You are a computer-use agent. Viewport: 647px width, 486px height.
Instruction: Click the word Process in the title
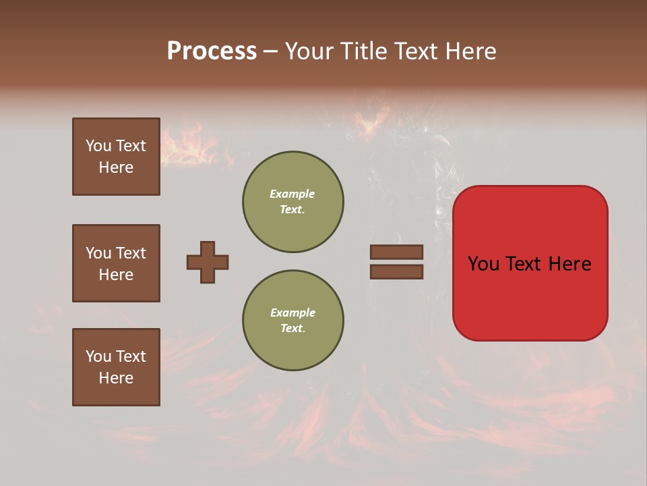212,51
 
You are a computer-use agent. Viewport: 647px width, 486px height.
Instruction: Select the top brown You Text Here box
116,157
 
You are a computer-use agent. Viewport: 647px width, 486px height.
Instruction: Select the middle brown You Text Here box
116,263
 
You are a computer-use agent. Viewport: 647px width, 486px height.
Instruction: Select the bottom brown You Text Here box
116,367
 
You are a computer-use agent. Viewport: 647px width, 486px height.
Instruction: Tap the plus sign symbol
208,262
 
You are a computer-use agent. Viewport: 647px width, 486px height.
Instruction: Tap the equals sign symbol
396,262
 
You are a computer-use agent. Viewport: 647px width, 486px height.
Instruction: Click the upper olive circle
292,202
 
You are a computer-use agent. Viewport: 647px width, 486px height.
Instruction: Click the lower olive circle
292,321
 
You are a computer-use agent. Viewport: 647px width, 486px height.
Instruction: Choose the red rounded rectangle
530,263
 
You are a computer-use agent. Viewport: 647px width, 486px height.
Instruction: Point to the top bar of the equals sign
396,252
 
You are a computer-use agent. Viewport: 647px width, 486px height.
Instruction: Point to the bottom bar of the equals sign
396,271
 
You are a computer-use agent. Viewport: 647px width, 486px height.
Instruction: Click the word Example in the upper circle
292,194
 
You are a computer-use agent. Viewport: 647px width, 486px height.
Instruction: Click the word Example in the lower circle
292,313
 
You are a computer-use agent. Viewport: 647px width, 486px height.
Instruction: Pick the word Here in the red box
570,264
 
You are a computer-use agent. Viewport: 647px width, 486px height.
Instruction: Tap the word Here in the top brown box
116,167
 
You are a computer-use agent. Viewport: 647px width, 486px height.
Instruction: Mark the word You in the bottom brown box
98,356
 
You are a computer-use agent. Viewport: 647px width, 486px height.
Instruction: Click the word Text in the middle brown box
130,253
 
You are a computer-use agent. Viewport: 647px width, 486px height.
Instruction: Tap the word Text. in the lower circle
292,329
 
